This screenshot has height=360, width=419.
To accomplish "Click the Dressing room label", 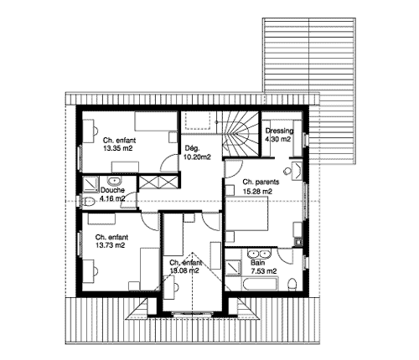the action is (x=279, y=131).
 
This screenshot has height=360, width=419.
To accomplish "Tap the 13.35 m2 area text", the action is (x=118, y=148).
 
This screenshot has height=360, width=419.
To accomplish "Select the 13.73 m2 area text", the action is (x=110, y=245).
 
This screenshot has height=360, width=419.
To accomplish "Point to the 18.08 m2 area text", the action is (x=184, y=270).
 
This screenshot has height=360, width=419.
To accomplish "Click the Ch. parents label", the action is (x=261, y=183).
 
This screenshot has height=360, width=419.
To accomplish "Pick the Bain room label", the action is (x=257, y=263).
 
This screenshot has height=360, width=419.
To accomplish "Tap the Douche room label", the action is (x=112, y=190).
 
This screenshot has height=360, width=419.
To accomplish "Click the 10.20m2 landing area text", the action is (x=197, y=157).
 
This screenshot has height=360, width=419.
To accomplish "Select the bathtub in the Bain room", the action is (x=260, y=284).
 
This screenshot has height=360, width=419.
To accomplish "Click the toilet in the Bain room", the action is (x=292, y=284).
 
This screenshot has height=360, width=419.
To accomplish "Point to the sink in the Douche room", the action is (x=114, y=181).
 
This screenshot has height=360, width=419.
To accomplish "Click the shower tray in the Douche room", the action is (x=90, y=184).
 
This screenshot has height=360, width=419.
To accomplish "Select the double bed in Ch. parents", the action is (x=246, y=213).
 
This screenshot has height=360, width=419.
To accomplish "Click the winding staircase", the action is (x=241, y=135).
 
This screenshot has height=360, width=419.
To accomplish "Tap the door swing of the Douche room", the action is (x=129, y=200).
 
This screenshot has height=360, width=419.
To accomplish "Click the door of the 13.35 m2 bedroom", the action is (x=170, y=163).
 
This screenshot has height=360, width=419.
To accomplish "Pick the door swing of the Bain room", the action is (x=285, y=255).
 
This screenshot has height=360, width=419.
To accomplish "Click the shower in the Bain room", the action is (x=233, y=268).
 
